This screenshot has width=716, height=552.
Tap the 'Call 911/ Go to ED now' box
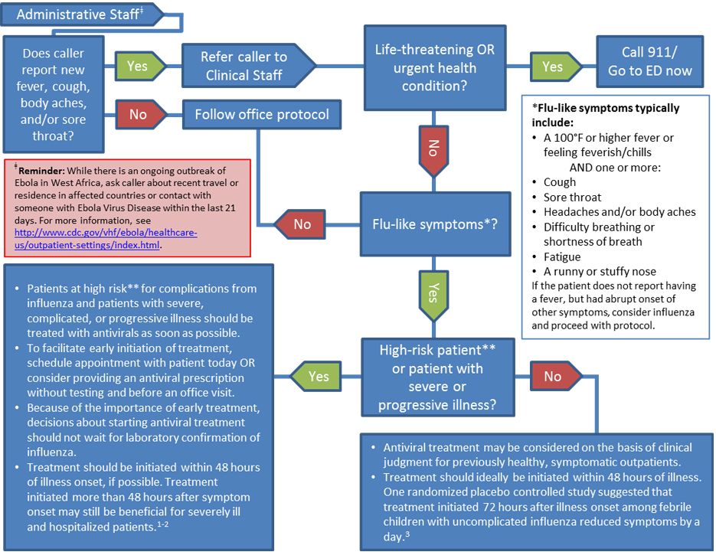click(x=649, y=61)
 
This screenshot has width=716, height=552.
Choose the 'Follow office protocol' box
click(x=261, y=114)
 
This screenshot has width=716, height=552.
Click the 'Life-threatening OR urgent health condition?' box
click(x=434, y=67)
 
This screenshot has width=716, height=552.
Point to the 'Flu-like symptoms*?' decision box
click(x=434, y=224)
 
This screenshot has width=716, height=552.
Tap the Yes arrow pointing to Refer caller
click(x=139, y=66)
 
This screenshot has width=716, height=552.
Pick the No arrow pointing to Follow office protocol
click(x=139, y=114)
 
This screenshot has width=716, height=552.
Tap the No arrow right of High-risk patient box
click(x=554, y=376)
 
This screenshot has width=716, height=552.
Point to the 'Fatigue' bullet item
click(x=562, y=256)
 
